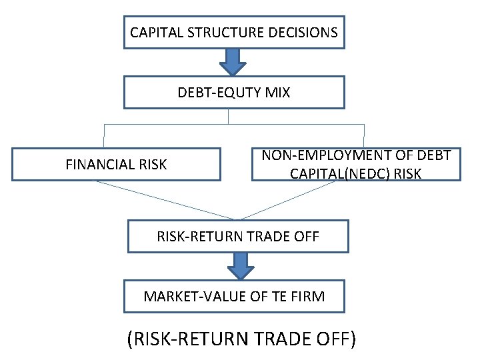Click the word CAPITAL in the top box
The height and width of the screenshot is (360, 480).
point(152,32)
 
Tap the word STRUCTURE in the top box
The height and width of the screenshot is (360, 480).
point(219,32)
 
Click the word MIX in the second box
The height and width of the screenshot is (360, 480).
point(277,93)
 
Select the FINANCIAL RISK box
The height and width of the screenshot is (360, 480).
point(116,164)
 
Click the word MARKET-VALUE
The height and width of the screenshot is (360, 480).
point(185,296)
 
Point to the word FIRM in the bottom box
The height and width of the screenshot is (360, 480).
point(309,296)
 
